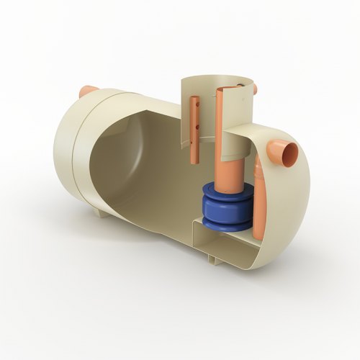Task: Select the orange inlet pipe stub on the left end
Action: (88, 91)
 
